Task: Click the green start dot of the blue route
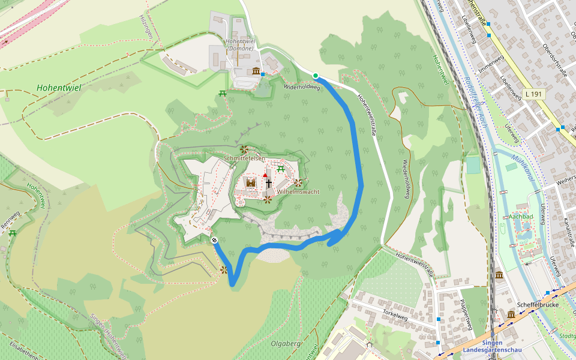(x=316, y=75)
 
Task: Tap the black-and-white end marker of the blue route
(x=214, y=240)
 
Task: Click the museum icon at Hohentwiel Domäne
(x=256, y=72)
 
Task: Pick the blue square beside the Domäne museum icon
(x=263, y=74)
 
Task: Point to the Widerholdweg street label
(x=302, y=87)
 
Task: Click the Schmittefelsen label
(x=244, y=158)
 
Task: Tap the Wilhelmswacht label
(x=298, y=192)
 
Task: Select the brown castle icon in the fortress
(x=251, y=182)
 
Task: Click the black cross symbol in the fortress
(x=269, y=183)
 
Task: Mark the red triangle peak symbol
(x=265, y=175)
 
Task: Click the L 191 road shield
(x=532, y=94)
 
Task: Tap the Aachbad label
(x=521, y=217)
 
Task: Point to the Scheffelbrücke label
(x=542, y=304)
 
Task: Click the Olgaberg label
(x=285, y=344)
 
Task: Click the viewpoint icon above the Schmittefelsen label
(x=244, y=149)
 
